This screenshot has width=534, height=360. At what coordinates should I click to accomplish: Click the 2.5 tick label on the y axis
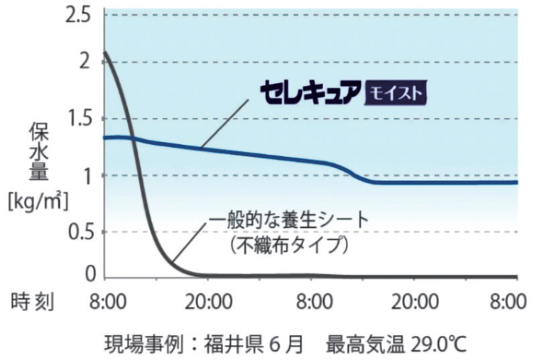pyautogui.click(x=78, y=14)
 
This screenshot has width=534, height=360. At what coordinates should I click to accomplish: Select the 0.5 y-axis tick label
pyautogui.click(x=78, y=232)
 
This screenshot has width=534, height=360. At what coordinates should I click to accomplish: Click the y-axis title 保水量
pyautogui.click(x=38, y=152)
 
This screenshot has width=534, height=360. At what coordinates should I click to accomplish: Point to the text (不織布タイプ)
pyautogui.click(x=289, y=245)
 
